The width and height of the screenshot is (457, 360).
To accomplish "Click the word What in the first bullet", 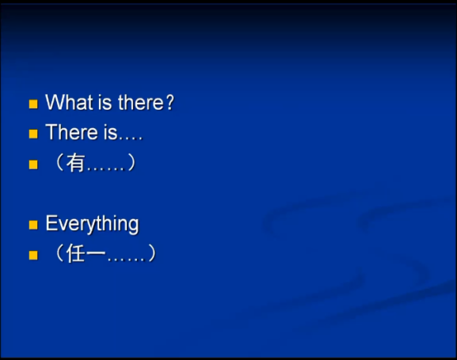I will click(x=67, y=103).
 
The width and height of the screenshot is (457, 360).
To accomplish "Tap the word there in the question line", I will click(x=142, y=103).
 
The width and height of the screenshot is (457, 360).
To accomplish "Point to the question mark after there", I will click(x=169, y=103).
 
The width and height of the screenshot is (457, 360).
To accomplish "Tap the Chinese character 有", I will click(x=76, y=164).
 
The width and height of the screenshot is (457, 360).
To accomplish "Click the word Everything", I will click(x=92, y=224).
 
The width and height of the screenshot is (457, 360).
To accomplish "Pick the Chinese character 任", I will click(x=76, y=254).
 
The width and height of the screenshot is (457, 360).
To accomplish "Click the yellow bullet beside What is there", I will click(x=33, y=104).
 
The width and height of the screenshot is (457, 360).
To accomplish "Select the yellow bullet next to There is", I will click(x=33, y=134).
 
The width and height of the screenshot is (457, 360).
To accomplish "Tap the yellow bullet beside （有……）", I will click(x=33, y=165).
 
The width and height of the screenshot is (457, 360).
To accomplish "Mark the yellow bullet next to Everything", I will click(x=33, y=225).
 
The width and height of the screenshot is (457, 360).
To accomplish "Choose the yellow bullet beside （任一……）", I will click(x=33, y=255).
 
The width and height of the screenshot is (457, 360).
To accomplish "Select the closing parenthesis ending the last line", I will click(x=151, y=254).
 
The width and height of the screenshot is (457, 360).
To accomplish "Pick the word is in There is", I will click(x=109, y=133).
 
